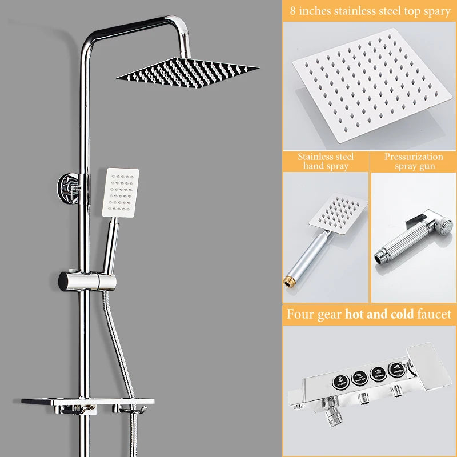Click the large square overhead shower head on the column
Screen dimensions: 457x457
click(188, 73)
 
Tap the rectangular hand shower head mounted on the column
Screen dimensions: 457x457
click(121, 193)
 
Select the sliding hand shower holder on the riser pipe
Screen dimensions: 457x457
click(87, 280)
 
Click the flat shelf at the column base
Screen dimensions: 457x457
click(87, 403)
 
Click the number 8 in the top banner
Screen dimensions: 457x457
click(292, 11)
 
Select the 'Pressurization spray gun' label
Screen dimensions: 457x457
click(414, 161)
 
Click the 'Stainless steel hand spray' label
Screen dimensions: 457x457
click(326, 161)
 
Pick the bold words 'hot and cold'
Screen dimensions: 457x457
click(379, 314)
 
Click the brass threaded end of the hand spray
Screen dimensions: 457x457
click(288, 282)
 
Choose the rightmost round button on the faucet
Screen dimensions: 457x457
click(396, 369)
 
